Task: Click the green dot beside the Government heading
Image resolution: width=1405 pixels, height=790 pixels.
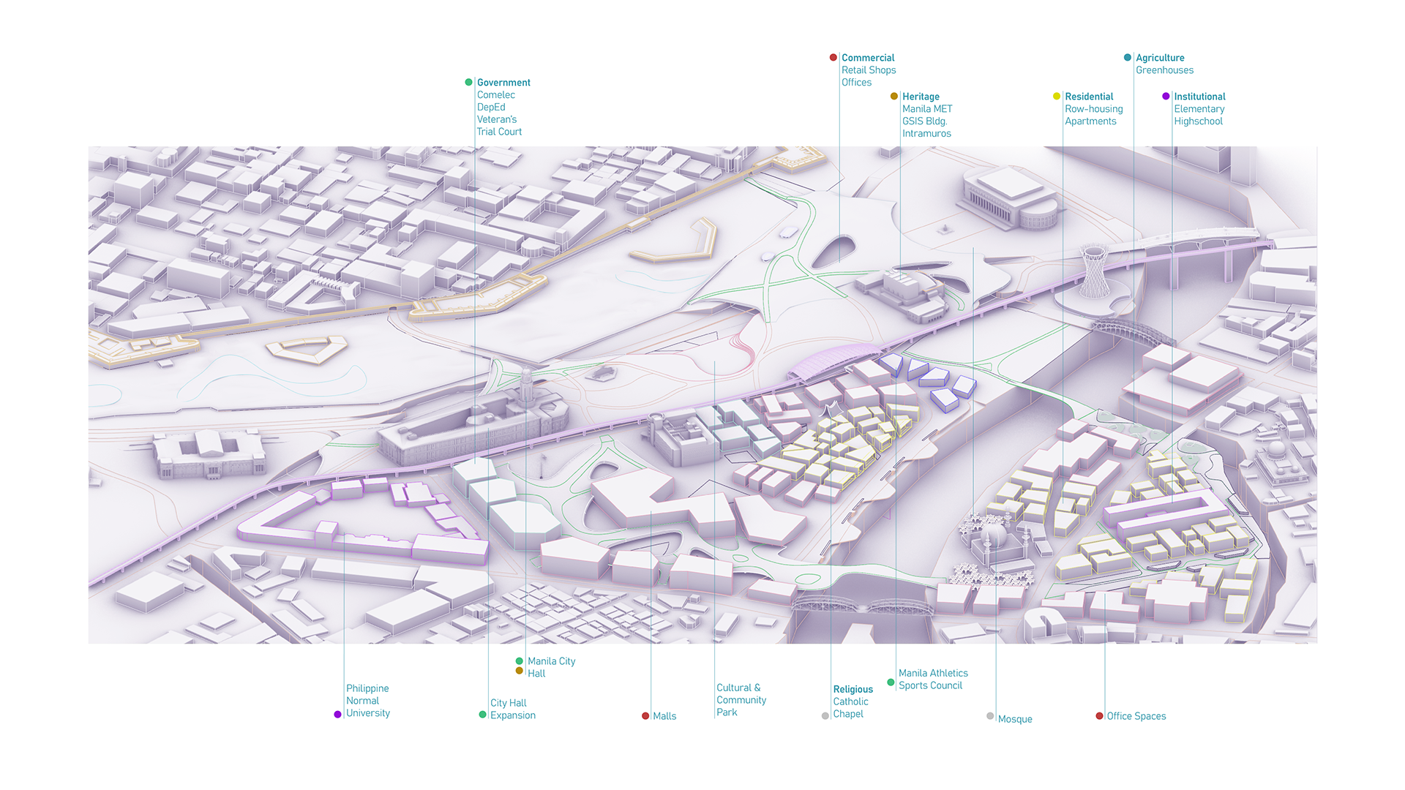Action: (x=468, y=82)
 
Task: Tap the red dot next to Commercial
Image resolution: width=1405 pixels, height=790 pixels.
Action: (x=833, y=57)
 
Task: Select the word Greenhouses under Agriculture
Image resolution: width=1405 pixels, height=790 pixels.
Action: (x=1164, y=70)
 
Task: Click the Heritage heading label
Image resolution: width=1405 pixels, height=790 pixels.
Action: (x=921, y=97)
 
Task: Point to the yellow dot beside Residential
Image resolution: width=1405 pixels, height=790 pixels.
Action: (x=1056, y=96)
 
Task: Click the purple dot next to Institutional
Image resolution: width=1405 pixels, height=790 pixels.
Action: (x=1166, y=96)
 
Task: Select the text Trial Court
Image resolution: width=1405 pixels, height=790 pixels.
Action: (x=499, y=132)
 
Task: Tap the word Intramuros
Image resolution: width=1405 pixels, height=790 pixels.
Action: (x=926, y=133)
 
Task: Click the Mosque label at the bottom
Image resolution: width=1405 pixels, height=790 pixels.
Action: (x=1014, y=719)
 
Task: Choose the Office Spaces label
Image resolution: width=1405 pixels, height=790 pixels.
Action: (x=1136, y=716)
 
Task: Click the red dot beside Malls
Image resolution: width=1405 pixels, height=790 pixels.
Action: (x=645, y=716)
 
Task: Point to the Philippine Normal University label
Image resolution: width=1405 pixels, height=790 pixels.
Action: (x=367, y=701)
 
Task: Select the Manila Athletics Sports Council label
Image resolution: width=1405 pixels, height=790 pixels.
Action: (x=932, y=679)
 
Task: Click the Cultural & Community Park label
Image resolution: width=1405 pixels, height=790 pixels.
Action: (x=741, y=700)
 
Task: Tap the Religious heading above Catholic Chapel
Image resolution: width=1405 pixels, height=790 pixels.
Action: (x=853, y=689)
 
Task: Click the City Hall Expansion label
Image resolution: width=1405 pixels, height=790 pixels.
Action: (x=512, y=709)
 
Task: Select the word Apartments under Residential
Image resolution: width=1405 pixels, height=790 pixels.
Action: (x=1090, y=121)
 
